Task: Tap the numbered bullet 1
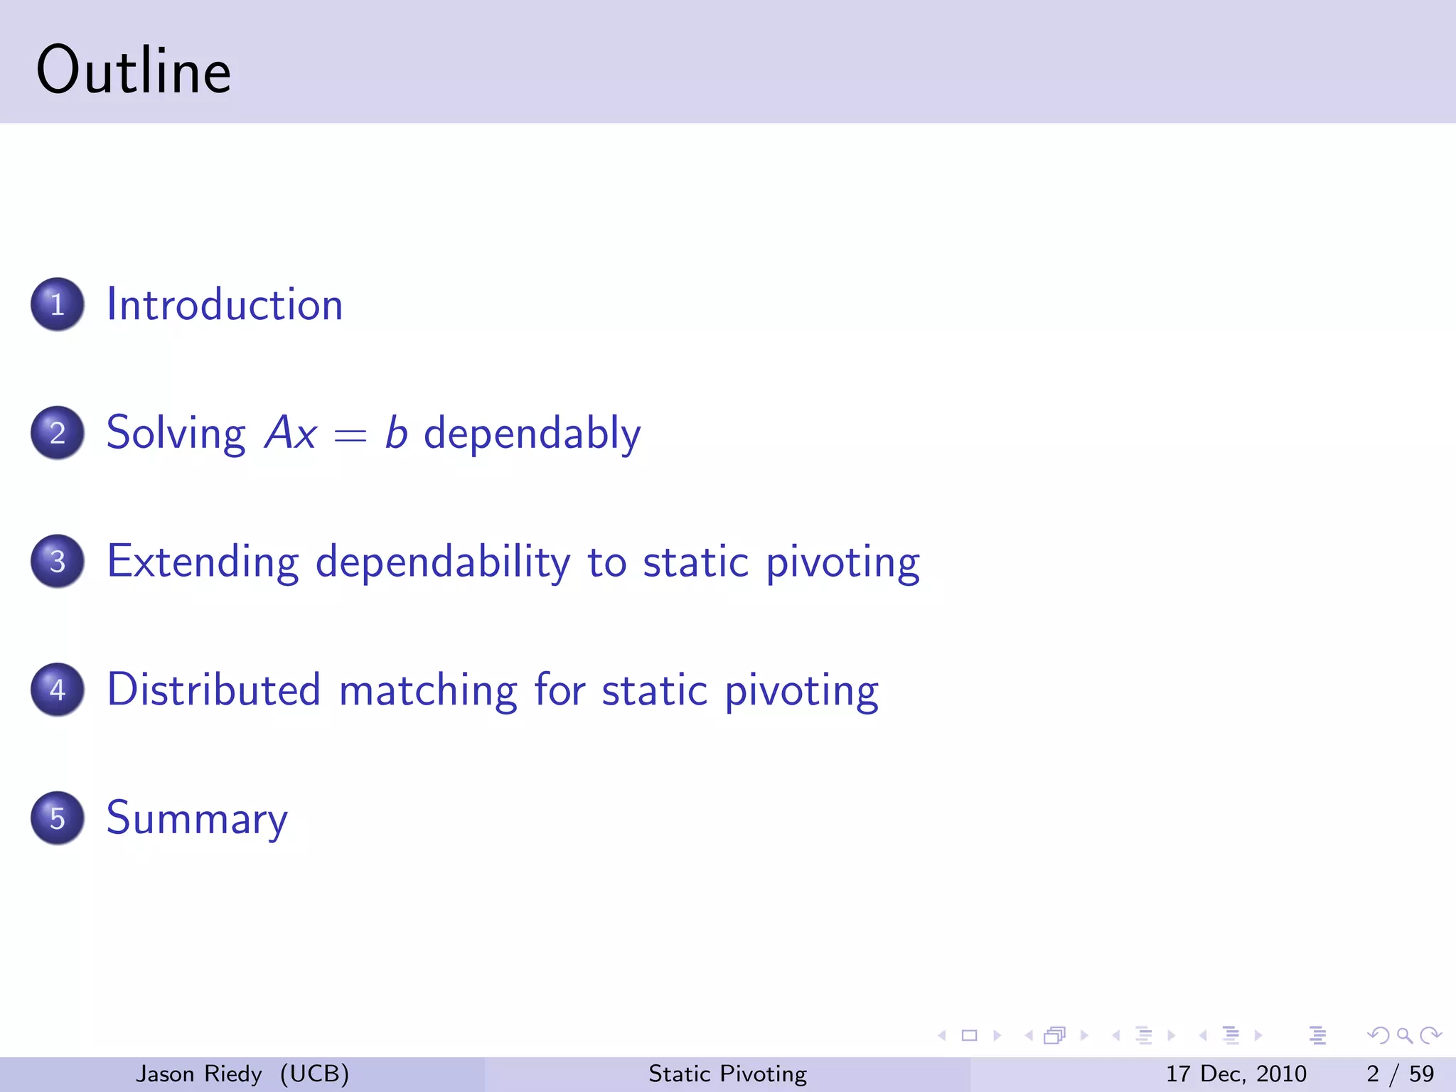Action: pyautogui.click(x=58, y=304)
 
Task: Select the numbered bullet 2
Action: pyautogui.click(x=58, y=433)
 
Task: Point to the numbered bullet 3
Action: pyautogui.click(x=58, y=562)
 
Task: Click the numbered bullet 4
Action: pyautogui.click(x=58, y=690)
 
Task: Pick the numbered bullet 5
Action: pyautogui.click(x=58, y=818)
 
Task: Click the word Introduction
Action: pyautogui.click(x=225, y=304)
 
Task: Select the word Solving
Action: pyautogui.click(x=176, y=433)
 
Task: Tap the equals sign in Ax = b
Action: pyautogui.click(x=350, y=434)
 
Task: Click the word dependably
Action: pyautogui.click(x=532, y=433)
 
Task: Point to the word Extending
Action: pyautogui.click(x=203, y=562)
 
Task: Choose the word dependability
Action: pyautogui.click(x=442, y=562)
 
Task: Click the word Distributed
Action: pyautogui.click(x=214, y=690)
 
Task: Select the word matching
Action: pyautogui.click(x=428, y=690)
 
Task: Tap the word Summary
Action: pyautogui.click(x=197, y=818)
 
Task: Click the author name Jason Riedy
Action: pyautogui.click(x=199, y=1074)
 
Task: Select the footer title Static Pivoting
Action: pyautogui.click(x=727, y=1074)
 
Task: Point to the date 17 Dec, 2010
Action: pyautogui.click(x=1236, y=1074)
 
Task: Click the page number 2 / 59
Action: pyautogui.click(x=1400, y=1074)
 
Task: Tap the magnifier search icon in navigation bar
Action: pyautogui.click(x=1404, y=1036)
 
